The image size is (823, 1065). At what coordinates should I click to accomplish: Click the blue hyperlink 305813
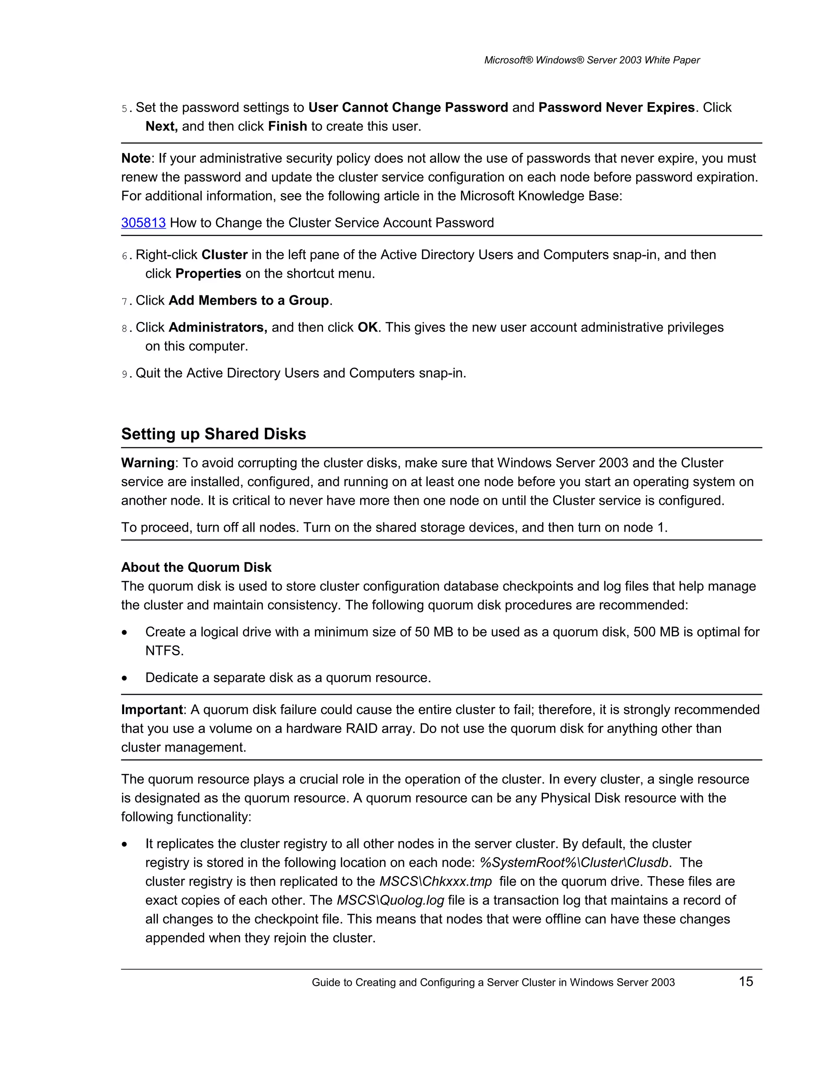(143, 223)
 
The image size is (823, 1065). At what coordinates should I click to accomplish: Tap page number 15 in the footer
(745, 981)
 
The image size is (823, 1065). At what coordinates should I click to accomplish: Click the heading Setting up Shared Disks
(213, 434)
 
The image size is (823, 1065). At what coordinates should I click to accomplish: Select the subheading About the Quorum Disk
(196, 567)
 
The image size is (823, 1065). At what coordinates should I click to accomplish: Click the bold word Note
(135, 158)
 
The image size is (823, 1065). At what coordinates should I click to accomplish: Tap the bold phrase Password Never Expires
(616, 107)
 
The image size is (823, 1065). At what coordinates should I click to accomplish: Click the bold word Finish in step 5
(287, 126)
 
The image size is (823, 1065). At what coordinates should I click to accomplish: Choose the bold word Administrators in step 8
(217, 327)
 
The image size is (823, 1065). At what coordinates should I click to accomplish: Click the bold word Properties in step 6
(208, 274)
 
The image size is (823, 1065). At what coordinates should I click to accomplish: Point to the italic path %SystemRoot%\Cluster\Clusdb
(574, 862)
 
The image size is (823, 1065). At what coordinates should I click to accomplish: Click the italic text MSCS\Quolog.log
(390, 900)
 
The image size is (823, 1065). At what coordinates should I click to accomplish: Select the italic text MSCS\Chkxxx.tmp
(435, 882)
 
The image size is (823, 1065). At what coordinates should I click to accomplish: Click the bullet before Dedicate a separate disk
(125, 678)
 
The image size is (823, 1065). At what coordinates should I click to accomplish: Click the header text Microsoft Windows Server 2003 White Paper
(592, 60)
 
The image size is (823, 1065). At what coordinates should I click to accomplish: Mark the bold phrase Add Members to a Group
(249, 300)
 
